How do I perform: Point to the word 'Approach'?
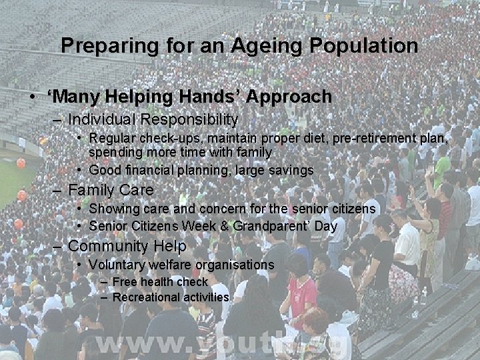(x=289, y=97)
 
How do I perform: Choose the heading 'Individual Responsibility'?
(x=153, y=119)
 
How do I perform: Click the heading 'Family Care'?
(x=111, y=190)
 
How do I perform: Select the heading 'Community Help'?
(x=127, y=246)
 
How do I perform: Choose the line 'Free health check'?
(x=160, y=282)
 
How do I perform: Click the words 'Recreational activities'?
(x=171, y=297)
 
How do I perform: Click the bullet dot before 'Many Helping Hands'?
(x=33, y=97)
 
